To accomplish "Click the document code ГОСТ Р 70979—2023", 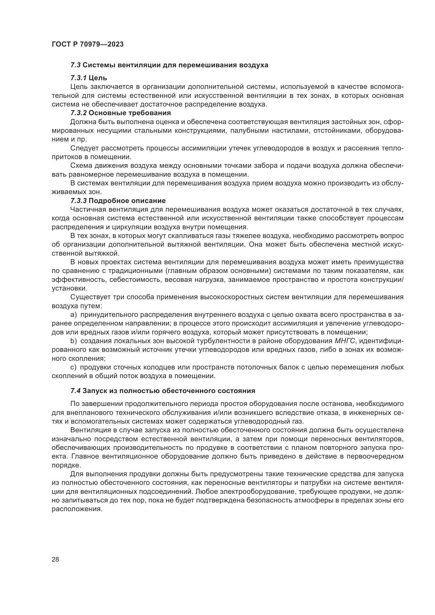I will (88, 44).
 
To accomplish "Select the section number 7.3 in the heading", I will (75, 65).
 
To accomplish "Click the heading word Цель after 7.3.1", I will (98, 78).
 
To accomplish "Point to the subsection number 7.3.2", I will (78, 113).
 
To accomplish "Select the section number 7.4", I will (75, 391).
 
